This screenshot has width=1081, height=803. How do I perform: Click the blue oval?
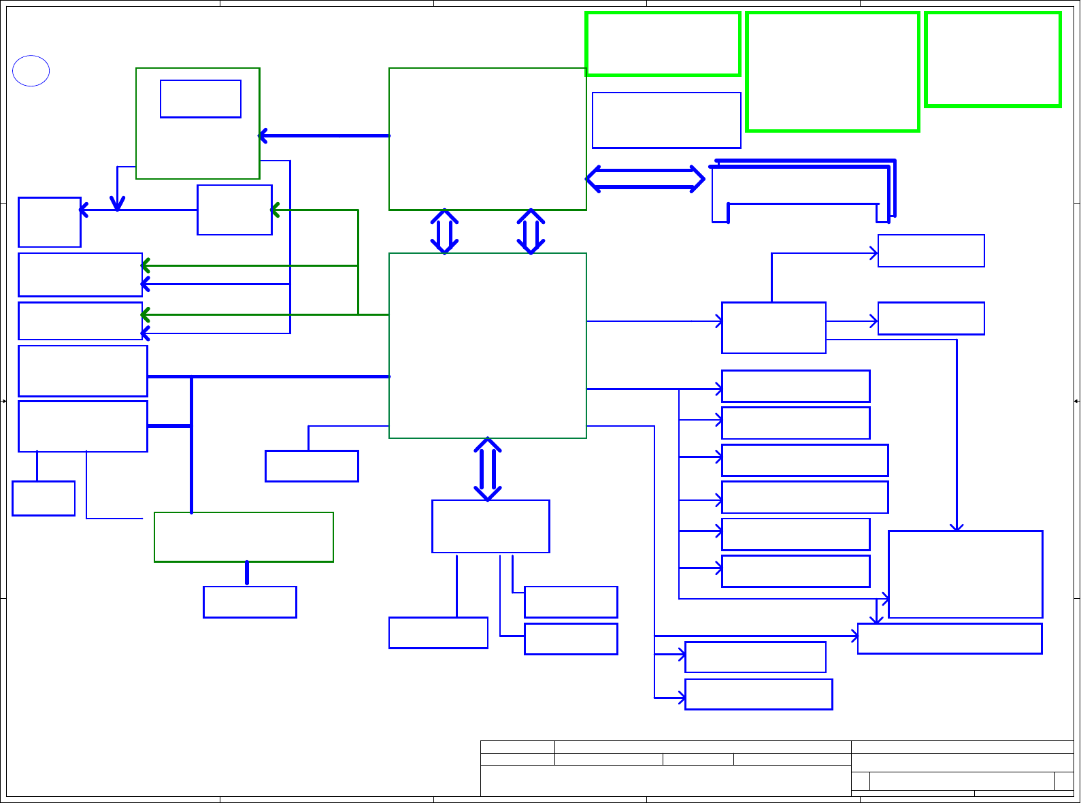click(x=31, y=71)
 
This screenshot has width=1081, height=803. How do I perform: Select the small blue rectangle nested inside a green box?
click(x=201, y=99)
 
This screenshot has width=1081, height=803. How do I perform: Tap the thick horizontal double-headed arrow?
click(x=645, y=179)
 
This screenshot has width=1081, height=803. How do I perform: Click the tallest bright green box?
click(x=833, y=71)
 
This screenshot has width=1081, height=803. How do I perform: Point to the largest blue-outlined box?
click(x=965, y=574)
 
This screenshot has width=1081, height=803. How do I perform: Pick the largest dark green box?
click(x=487, y=345)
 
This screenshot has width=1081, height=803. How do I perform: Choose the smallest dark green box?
click(x=244, y=537)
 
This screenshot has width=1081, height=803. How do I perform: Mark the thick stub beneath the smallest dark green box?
click(x=247, y=573)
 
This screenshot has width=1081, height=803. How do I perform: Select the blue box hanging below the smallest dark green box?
click(x=250, y=602)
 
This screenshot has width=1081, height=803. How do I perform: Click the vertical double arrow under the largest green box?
click(x=488, y=469)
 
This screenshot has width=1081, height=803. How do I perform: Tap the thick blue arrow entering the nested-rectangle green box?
click(x=324, y=136)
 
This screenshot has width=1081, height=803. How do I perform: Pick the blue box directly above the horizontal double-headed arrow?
click(x=667, y=120)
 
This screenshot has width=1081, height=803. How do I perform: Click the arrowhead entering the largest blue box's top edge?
click(x=957, y=526)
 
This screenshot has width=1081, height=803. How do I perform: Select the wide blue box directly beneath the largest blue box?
click(x=950, y=638)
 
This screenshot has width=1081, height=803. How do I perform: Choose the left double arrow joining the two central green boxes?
click(x=444, y=231)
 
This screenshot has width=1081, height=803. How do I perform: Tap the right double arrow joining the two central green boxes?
click(x=531, y=231)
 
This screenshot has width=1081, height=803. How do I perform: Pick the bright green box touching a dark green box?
click(x=663, y=44)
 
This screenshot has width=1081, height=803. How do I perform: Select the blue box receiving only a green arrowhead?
click(x=235, y=210)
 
